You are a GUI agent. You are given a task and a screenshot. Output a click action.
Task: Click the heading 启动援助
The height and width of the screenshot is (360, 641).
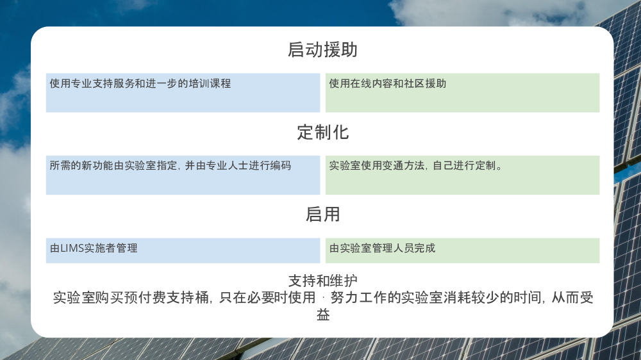point(322,50)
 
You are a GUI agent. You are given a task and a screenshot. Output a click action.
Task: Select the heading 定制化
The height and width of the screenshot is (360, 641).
point(322,133)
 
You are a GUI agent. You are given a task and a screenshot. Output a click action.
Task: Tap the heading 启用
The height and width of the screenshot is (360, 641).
point(322,215)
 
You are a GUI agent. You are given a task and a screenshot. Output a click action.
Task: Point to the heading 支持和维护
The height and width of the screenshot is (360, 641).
point(322,281)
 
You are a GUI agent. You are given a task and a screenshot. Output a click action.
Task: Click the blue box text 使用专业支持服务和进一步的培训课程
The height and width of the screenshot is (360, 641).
point(140,83)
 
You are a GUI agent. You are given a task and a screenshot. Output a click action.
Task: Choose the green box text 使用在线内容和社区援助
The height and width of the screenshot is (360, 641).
point(388,83)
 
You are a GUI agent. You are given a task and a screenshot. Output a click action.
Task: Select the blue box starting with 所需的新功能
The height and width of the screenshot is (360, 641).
point(170,165)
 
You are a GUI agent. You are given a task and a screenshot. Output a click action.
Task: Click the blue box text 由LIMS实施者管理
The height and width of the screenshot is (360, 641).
point(94,248)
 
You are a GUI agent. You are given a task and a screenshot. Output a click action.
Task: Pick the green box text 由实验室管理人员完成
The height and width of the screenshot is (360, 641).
point(382,248)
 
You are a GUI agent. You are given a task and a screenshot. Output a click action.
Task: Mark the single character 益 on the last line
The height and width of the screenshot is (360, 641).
point(322,315)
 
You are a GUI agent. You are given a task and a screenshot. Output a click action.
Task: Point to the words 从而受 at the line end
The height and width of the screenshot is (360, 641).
point(572,298)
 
